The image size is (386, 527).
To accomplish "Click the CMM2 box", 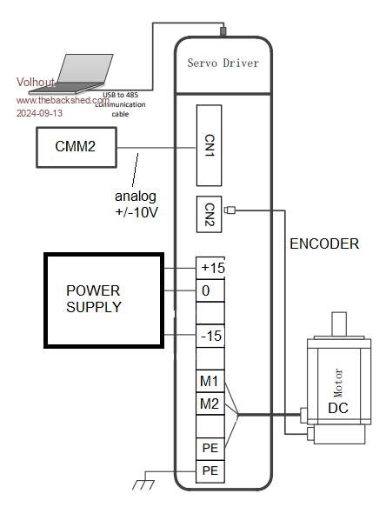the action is point(77,147).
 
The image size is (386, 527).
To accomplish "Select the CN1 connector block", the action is point(209,145).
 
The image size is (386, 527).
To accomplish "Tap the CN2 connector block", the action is point(209,214).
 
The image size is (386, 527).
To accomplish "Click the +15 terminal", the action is point(210,268).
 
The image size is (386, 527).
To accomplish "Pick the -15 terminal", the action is point(210,336).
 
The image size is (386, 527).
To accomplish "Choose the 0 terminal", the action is point(210,290).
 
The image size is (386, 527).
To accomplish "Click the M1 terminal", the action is point(210,381).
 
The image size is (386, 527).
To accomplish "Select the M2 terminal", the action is point(210,404).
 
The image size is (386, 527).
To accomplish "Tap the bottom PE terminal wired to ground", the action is point(210,471).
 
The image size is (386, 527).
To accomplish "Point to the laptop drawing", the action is point(71,74).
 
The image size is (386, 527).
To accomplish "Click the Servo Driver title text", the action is point(223,63).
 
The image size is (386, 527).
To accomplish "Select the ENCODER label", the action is point(324,243).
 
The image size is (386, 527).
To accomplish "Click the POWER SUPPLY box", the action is point(103,300).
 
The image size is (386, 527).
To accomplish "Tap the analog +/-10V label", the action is point(136,204).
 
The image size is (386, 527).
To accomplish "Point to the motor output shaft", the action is point(339,324).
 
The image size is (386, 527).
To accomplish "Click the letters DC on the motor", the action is point(338,408).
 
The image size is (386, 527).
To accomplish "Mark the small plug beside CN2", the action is point(230,210).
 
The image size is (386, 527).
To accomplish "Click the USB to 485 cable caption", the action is point(120,104).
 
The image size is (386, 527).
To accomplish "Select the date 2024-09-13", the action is point(39,113).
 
